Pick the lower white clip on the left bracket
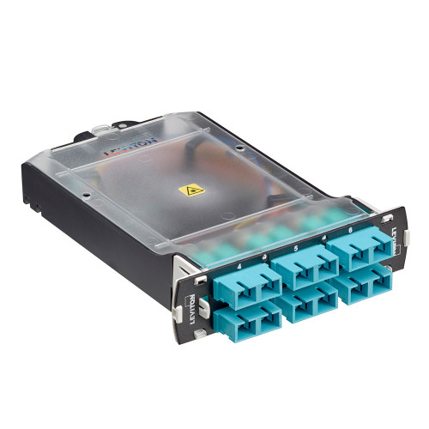click(198, 333)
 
